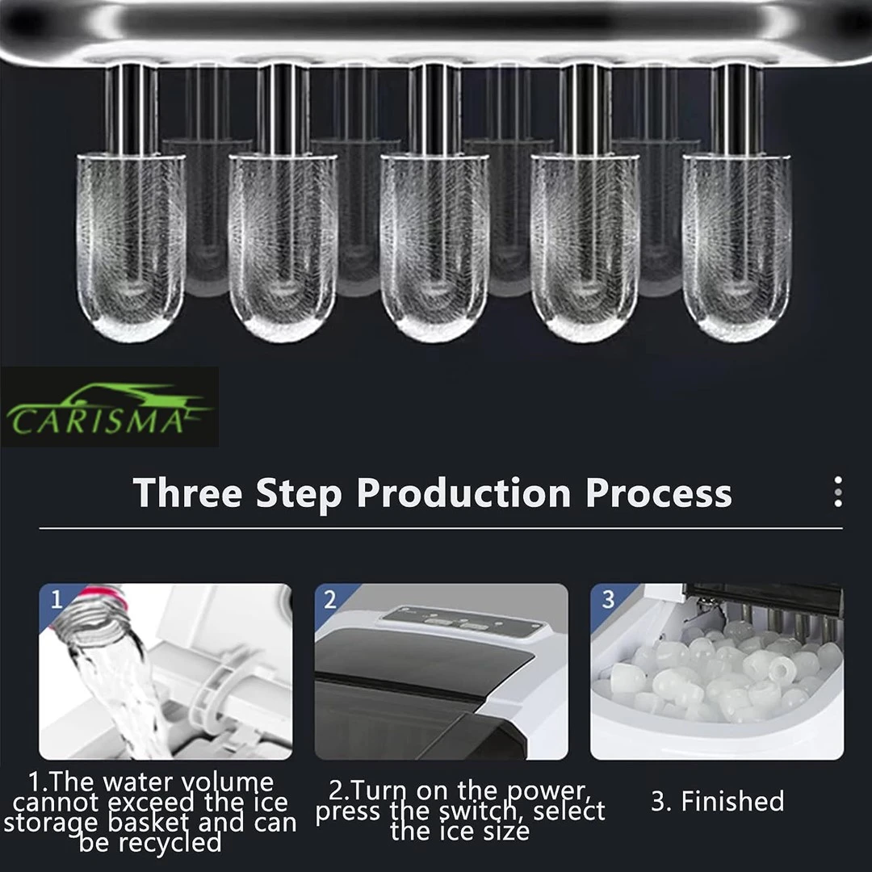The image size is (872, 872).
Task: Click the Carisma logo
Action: pyautogui.click(x=109, y=408)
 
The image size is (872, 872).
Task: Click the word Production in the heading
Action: pyautogui.click(x=463, y=493)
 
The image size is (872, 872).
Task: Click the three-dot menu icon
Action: pyautogui.click(x=838, y=492)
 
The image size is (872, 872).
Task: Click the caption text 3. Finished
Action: pyautogui.click(x=718, y=801)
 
